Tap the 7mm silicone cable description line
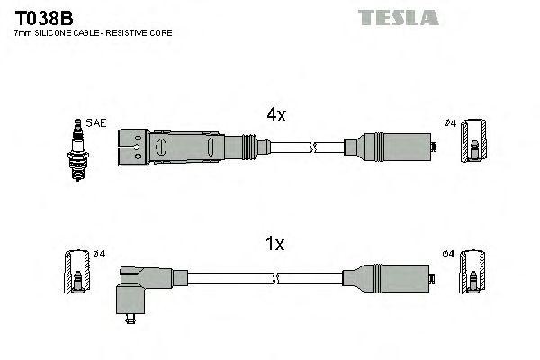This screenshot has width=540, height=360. pos(94,33)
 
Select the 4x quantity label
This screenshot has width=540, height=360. pos(275,115)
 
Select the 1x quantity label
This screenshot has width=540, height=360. pos(275,243)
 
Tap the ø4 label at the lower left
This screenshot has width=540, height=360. pos(99,254)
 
